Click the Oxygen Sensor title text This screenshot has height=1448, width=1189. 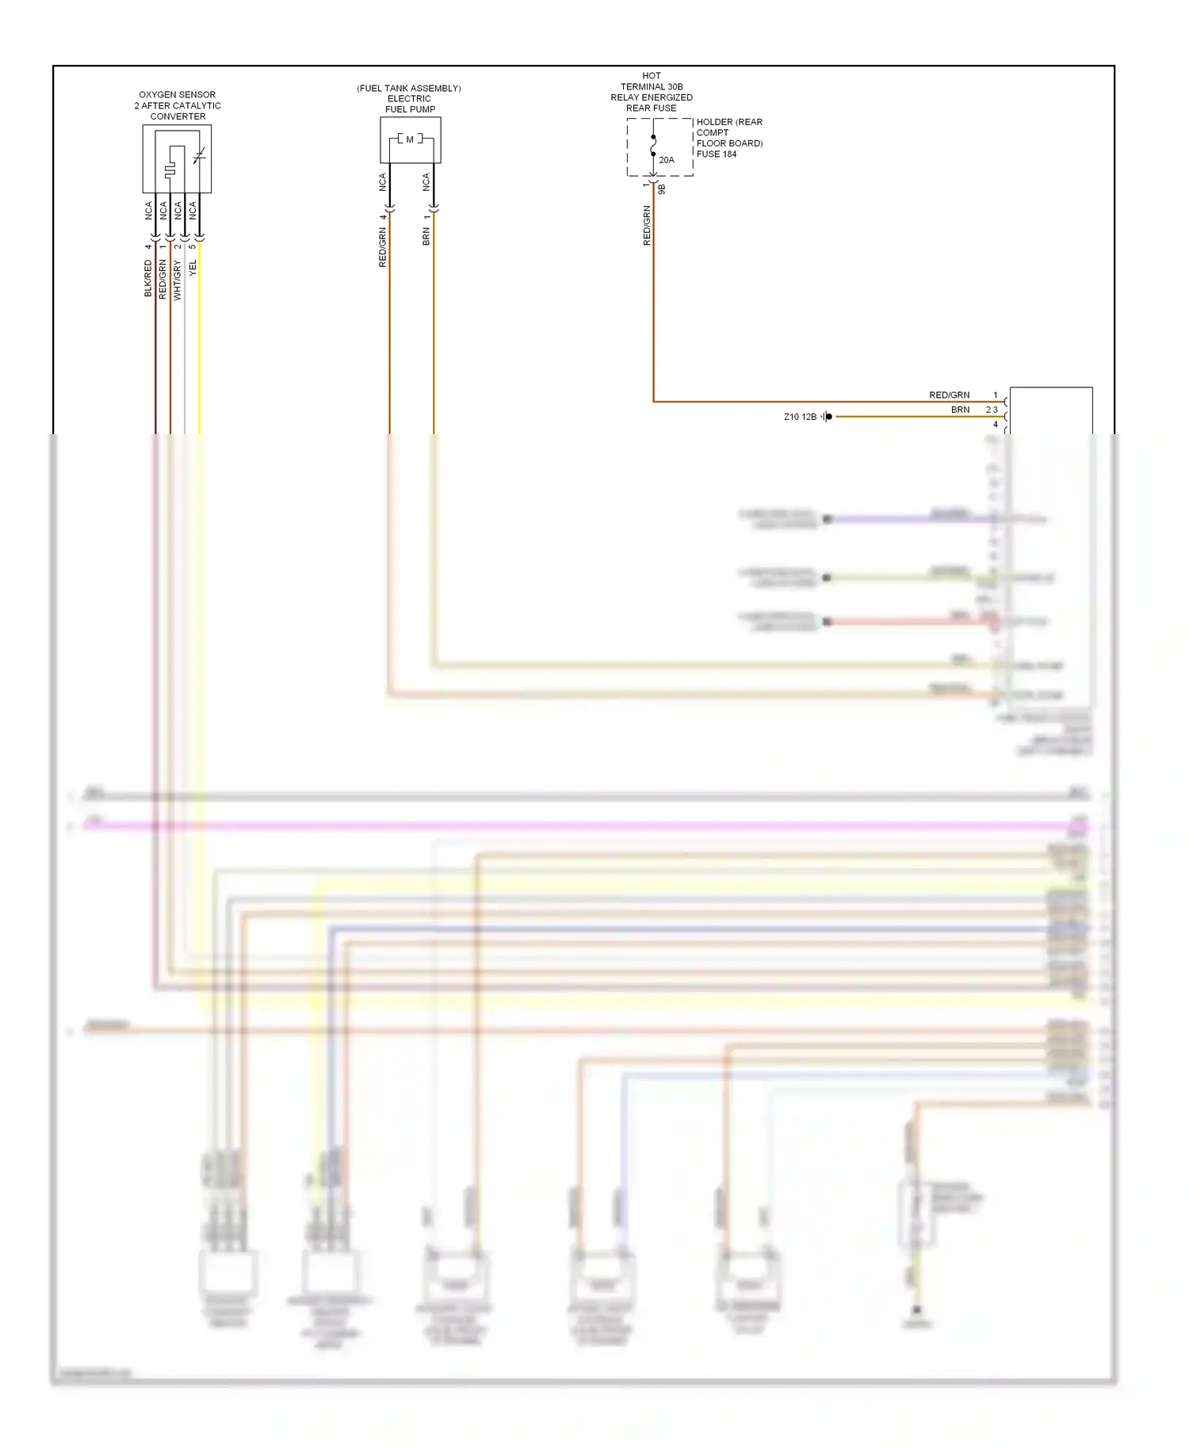178,105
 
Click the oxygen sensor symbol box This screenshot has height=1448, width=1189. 177,159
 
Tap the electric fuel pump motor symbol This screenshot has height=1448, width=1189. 410,140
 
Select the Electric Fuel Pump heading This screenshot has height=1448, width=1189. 410,99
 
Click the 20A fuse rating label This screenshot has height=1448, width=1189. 667,160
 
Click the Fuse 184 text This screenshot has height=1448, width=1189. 717,154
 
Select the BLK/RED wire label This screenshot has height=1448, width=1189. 148,278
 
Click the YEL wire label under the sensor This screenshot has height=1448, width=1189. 193,269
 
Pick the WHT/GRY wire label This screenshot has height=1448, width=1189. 178,280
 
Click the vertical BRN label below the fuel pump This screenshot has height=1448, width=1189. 426,237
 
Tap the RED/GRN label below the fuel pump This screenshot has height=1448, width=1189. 383,247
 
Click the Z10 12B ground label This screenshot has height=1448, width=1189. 800,417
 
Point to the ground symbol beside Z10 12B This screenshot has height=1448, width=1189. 827,417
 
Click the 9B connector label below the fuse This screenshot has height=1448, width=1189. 662,189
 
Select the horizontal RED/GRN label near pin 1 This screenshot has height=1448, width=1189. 949,395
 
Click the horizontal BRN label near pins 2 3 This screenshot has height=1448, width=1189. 960,410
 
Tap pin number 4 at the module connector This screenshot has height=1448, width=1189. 996,425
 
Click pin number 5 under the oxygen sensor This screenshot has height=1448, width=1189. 193,246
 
